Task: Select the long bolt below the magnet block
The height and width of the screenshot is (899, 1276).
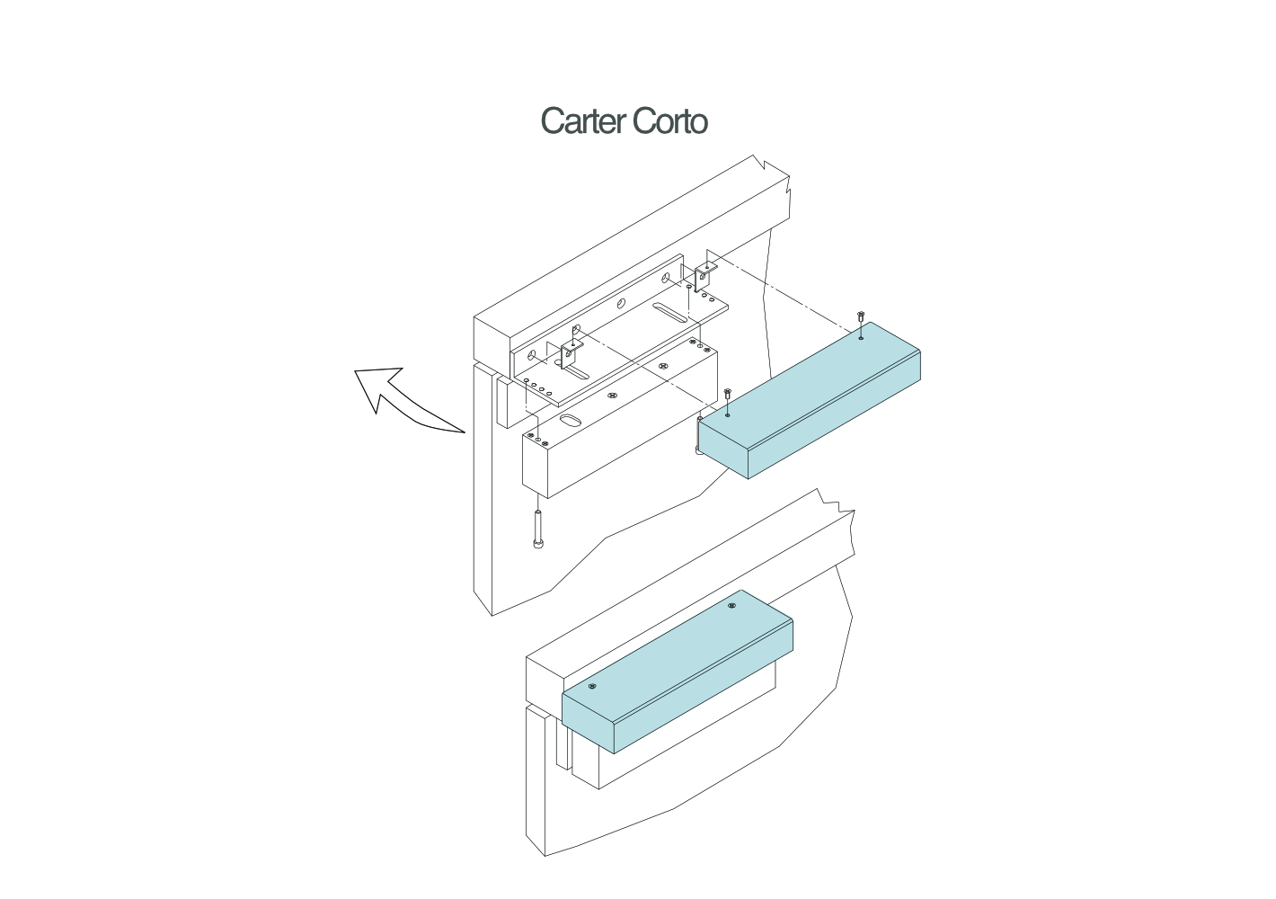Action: tap(538, 530)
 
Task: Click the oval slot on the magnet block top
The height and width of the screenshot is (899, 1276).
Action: tap(572, 420)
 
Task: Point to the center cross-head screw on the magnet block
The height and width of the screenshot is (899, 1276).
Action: tap(612, 396)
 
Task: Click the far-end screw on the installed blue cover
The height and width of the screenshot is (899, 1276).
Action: tap(732, 606)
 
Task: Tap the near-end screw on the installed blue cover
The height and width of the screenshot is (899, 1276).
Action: tap(592, 687)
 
